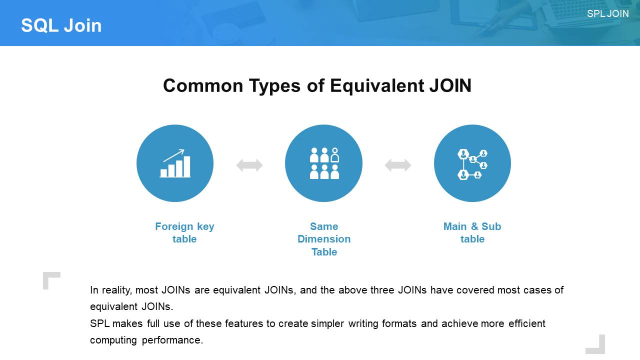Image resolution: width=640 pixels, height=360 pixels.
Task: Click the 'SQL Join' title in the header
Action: tap(61, 25)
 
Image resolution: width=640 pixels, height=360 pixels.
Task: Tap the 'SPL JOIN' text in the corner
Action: tap(607, 13)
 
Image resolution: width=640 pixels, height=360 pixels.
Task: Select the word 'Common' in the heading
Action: tap(203, 85)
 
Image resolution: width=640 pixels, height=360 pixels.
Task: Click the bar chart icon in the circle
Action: tap(175, 163)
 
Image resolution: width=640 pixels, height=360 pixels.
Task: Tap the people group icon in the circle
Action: tap(324, 163)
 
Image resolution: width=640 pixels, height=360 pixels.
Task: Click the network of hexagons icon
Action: tap(472, 164)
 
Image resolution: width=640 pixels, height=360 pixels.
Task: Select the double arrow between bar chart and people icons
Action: tap(249, 165)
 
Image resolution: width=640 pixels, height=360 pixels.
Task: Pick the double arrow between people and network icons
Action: tap(398, 165)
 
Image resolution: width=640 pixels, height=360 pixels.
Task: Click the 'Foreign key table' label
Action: tap(184, 232)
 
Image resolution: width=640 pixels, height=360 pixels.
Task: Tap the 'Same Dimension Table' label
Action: tap(324, 239)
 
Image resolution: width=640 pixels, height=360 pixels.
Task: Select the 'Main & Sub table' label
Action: tap(472, 232)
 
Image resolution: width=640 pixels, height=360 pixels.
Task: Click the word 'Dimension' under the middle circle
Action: tap(324, 239)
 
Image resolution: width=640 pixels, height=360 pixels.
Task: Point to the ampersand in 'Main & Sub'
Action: tap(474, 226)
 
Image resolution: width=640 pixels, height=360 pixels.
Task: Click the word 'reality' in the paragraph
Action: tap(117, 290)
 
